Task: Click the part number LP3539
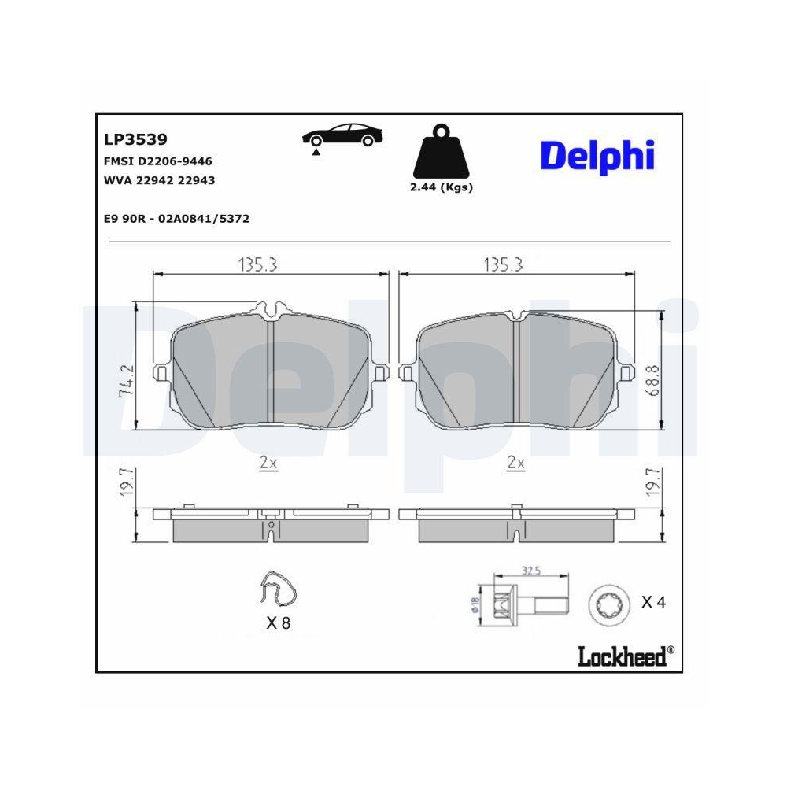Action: coord(135,139)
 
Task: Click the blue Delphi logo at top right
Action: coord(597,155)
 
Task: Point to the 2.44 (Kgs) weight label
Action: coord(441,187)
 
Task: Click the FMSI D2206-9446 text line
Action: coord(157,161)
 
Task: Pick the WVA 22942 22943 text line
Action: coord(159,180)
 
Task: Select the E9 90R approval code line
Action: coord(176,219)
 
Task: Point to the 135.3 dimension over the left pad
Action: coord(257,266)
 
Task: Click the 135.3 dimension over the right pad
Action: coord(503,266)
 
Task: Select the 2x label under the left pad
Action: coord(268,463)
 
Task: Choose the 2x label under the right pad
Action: coord(515,463)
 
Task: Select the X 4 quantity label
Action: coord(653,603)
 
